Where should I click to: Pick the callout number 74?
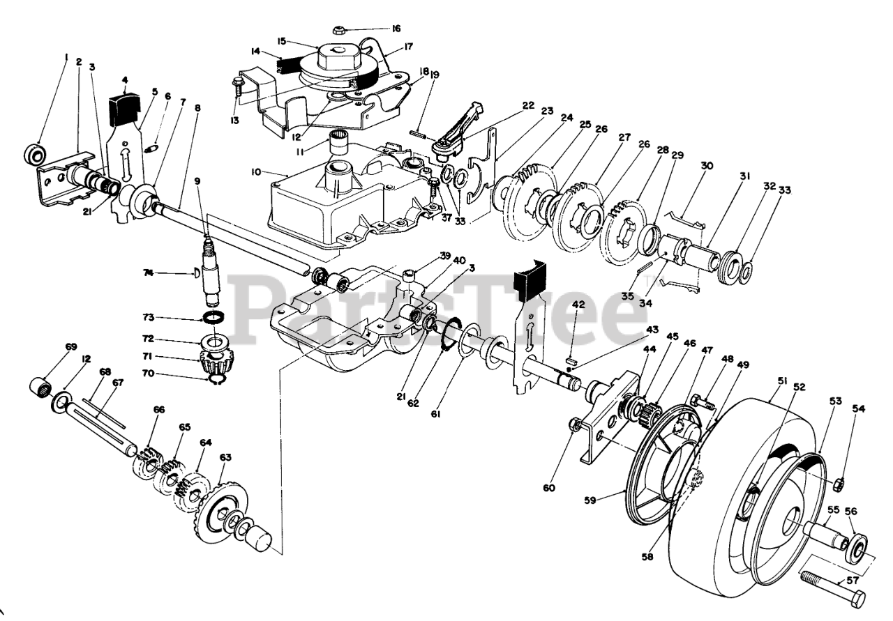click(168, 274)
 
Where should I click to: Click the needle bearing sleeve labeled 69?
click(40, 384)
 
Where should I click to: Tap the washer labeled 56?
click(857, 549)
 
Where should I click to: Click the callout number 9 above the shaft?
click(198, 182)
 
